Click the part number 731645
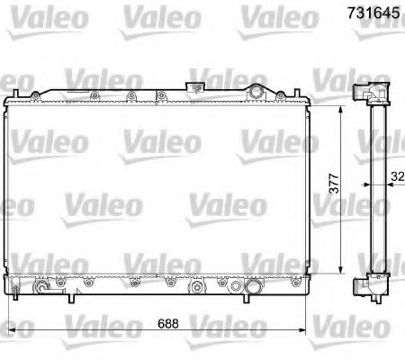370,14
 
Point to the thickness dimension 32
397,178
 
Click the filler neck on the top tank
192,87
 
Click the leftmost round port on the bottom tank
41,290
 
